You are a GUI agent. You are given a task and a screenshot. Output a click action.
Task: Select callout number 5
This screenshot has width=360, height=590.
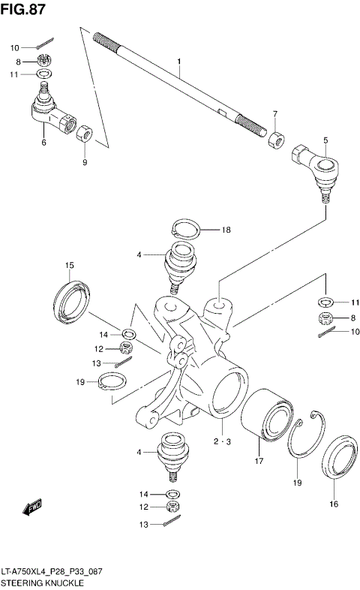pyautogui.click(x=325, y=140)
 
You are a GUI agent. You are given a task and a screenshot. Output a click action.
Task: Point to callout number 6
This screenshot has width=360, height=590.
pyautogui.click(x=43, y=142)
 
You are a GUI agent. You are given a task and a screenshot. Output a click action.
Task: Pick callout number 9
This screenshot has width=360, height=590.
pyautogui.click(x=85, y=161)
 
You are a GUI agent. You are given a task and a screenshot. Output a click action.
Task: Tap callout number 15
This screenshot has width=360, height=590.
pyautogui.click(x=69, y=265)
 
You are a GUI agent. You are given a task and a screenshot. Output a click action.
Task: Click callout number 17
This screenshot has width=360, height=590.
pyautogui.click(x=259, y=461)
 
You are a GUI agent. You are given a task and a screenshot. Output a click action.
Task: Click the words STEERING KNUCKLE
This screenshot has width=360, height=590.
pyautogui.click(x=42, y=582)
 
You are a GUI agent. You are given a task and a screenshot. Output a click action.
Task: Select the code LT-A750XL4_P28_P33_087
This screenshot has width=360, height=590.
pyautogui.click(x=52, y=572)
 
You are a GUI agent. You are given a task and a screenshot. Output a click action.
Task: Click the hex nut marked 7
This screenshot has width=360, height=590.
pyautogui.click(x=274, y=140)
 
